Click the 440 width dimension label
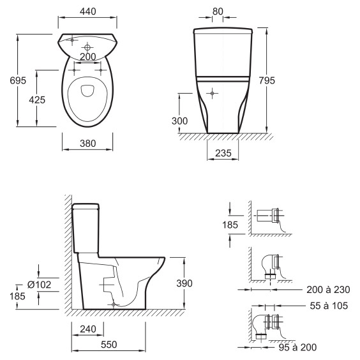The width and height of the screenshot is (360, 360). [x=87, y=11]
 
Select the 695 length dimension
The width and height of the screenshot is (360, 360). [x=18, y=80]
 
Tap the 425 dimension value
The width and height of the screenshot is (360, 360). [x=37, y=100]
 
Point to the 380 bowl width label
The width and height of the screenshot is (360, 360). [x=87, y=144]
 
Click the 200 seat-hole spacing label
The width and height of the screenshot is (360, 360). [x=87, y=57]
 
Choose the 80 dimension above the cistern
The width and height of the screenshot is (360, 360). [x=218, y=11]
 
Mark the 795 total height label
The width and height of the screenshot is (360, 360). [x=267, y=80]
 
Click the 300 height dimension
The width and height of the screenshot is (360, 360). [x=179, y=121]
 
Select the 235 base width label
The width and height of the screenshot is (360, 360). [x=223, y=153]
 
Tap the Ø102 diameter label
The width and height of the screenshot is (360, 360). [x=39, y=285]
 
